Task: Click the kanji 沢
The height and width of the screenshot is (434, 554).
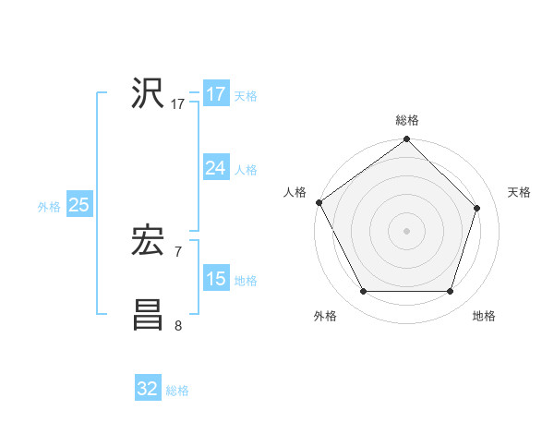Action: point(148,94)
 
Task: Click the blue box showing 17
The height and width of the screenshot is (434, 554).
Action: point(216,94)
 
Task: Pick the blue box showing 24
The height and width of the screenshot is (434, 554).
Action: point(216,168)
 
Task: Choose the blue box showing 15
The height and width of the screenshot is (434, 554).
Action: point(216,278)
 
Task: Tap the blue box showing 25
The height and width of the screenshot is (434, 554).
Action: point(79,205)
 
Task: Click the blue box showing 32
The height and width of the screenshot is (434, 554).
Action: point(148,389)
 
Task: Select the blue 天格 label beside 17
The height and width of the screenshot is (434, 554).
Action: point(246,96)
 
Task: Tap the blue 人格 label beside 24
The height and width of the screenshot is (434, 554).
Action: point(246,170)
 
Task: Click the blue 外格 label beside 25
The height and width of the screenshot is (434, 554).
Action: point(49,207)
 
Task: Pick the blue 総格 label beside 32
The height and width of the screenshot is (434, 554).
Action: point(177,391)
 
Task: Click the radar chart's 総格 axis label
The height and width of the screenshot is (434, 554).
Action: point(406,120)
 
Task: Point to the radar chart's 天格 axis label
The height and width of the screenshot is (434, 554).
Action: point(519,192)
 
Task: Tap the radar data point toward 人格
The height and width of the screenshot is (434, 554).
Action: point(319,202)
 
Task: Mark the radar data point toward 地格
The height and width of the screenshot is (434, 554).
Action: point(450,292)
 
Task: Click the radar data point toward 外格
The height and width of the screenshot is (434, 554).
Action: point(363,292)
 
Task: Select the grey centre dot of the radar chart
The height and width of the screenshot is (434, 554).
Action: point(406,230)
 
